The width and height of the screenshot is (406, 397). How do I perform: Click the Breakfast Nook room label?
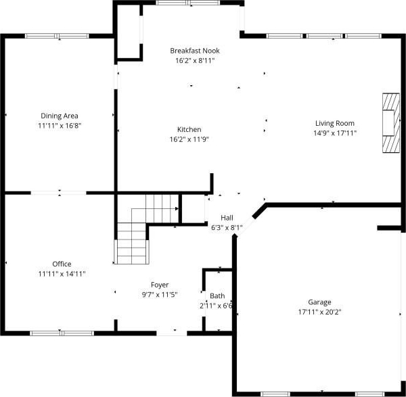pos(195,51)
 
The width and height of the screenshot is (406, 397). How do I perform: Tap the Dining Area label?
pos(60,116)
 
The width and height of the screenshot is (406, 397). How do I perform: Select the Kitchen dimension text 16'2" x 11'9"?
pos(189,139)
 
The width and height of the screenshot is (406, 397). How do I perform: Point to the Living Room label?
pos(335,123)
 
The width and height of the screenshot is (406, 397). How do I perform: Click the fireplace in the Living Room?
pos(391,123)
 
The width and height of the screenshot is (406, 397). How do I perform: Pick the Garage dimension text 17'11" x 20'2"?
pos(319,312)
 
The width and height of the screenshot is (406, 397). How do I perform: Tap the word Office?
pos(62,264)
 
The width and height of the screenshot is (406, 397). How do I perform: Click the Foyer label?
pos(160,285)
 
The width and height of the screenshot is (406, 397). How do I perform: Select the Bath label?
pos(217,296)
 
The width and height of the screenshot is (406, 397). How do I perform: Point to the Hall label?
pos(227,218)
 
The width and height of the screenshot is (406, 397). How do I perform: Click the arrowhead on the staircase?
pos(177,208)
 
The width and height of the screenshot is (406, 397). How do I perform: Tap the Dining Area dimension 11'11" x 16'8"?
pos(60,126)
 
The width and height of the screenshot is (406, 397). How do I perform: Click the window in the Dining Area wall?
pos(57,36)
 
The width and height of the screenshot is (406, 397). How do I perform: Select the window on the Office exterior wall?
pos(62,333)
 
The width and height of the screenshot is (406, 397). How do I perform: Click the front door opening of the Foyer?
pos(172,333)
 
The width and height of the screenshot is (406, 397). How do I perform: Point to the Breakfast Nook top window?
pos(188,3)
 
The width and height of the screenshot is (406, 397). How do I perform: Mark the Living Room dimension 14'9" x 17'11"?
pos(335,133)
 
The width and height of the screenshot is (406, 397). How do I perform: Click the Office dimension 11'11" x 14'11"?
pos(62,274)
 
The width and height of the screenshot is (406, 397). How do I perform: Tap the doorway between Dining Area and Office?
pos(58,193)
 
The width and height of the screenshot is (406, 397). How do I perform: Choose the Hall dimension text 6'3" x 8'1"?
pos(227,228)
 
